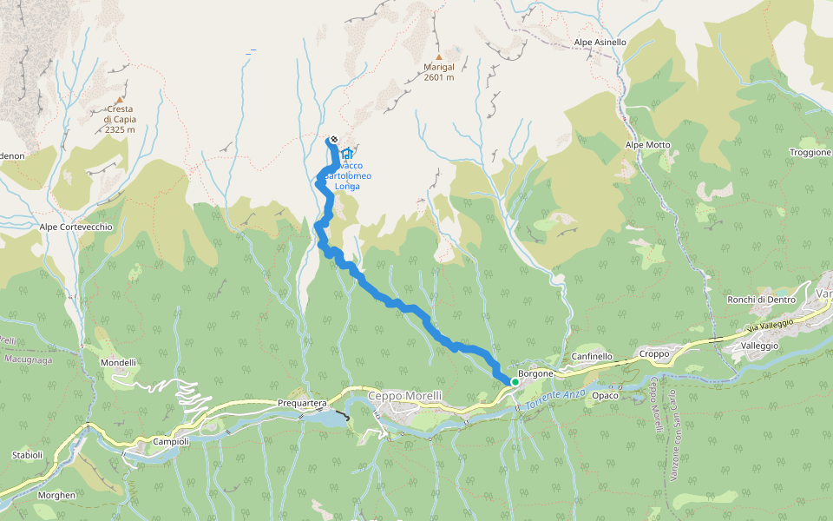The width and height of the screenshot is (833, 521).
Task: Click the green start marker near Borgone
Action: click(515, 381)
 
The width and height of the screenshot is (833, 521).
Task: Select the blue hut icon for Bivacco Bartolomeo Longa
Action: click(348, 154)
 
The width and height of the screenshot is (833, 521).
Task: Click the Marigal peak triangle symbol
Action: click(439, 57)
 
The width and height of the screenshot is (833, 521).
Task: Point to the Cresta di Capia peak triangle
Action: click(120, 100)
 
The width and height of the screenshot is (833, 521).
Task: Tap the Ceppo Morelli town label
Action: click(405, 396)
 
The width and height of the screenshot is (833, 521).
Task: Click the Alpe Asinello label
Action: click(600, 42)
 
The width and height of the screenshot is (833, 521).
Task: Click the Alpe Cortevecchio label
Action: click(76, 227)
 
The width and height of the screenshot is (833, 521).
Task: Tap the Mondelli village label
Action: click(119, 362)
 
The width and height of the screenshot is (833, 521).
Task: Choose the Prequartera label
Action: click(301, 403)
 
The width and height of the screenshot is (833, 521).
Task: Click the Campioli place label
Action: click(171, 441)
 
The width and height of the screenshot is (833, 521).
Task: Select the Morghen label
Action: click(57, 495)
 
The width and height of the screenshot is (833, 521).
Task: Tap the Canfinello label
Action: click(593, 356)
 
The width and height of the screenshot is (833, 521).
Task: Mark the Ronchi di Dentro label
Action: click(761, 300)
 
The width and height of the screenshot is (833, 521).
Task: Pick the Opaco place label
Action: click(605, 396)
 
